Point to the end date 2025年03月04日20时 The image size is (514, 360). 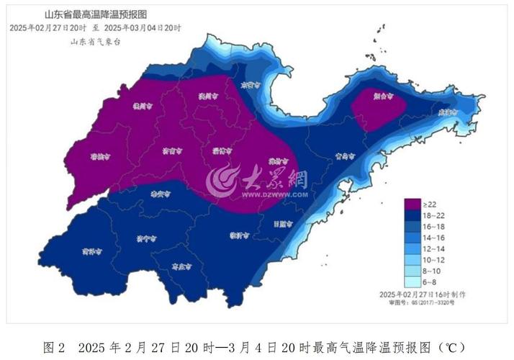click(142, 27)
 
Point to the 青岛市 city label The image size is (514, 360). click(346, 156)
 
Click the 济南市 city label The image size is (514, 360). click(171, 151)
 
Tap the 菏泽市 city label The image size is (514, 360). click(91, 251)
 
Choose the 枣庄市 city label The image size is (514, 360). click(181, 266)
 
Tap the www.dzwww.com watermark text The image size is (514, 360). click(274, 194)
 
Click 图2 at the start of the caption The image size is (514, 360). click(55, 347)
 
